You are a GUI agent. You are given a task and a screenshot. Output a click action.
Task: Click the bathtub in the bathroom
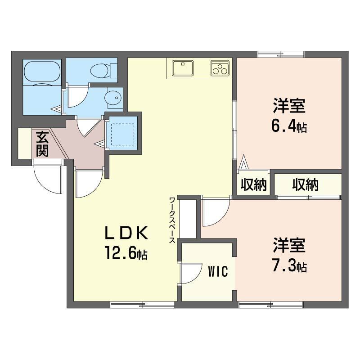click(41, 72)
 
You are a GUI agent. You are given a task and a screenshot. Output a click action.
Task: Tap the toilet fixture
click(102, 70)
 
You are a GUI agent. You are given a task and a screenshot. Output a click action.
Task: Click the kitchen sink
click(182, 67)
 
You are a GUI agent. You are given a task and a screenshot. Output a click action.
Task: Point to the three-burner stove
click(220, 68)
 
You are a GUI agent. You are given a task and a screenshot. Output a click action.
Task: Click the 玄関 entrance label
click(41, 144)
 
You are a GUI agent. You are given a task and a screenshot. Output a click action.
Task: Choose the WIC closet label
click(218, 271)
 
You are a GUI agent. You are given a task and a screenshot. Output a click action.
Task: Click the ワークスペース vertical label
click(172, 220)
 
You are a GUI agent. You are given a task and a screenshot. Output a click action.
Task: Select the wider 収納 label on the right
click(306, 184)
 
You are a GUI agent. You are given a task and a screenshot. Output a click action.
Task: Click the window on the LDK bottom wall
click(143, 305)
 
